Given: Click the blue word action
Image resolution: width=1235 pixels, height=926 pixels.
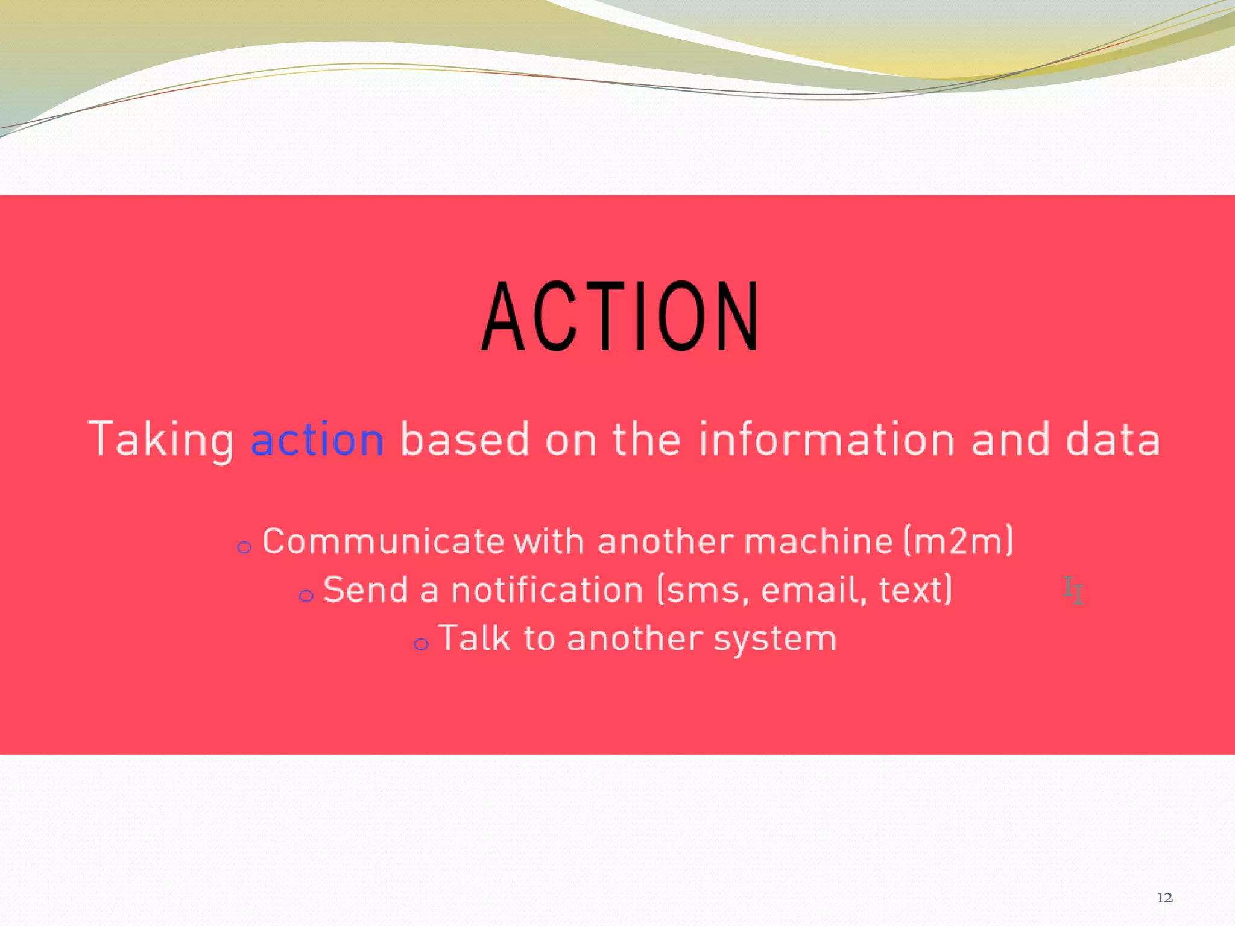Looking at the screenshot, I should (317, 439).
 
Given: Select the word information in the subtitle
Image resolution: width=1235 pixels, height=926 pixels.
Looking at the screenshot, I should (827, 439).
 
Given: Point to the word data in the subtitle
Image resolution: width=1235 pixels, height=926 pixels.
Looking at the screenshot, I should (1113, 439).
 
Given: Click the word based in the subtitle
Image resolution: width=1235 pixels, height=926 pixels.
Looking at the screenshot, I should (464, 439).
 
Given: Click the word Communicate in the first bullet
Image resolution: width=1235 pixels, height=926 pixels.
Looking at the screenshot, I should (384, 541).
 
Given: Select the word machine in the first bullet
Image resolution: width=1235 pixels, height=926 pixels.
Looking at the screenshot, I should (818, 541).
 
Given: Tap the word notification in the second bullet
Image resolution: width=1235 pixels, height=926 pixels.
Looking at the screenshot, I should (548, 590).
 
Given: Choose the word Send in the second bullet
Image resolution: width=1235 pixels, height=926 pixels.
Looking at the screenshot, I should (365, 590).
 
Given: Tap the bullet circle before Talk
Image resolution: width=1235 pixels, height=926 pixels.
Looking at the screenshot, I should (421, 644).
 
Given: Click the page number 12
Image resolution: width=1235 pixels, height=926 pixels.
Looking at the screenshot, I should (1164, 898).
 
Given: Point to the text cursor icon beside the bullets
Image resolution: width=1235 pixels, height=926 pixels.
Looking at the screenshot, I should (1073, 590).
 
